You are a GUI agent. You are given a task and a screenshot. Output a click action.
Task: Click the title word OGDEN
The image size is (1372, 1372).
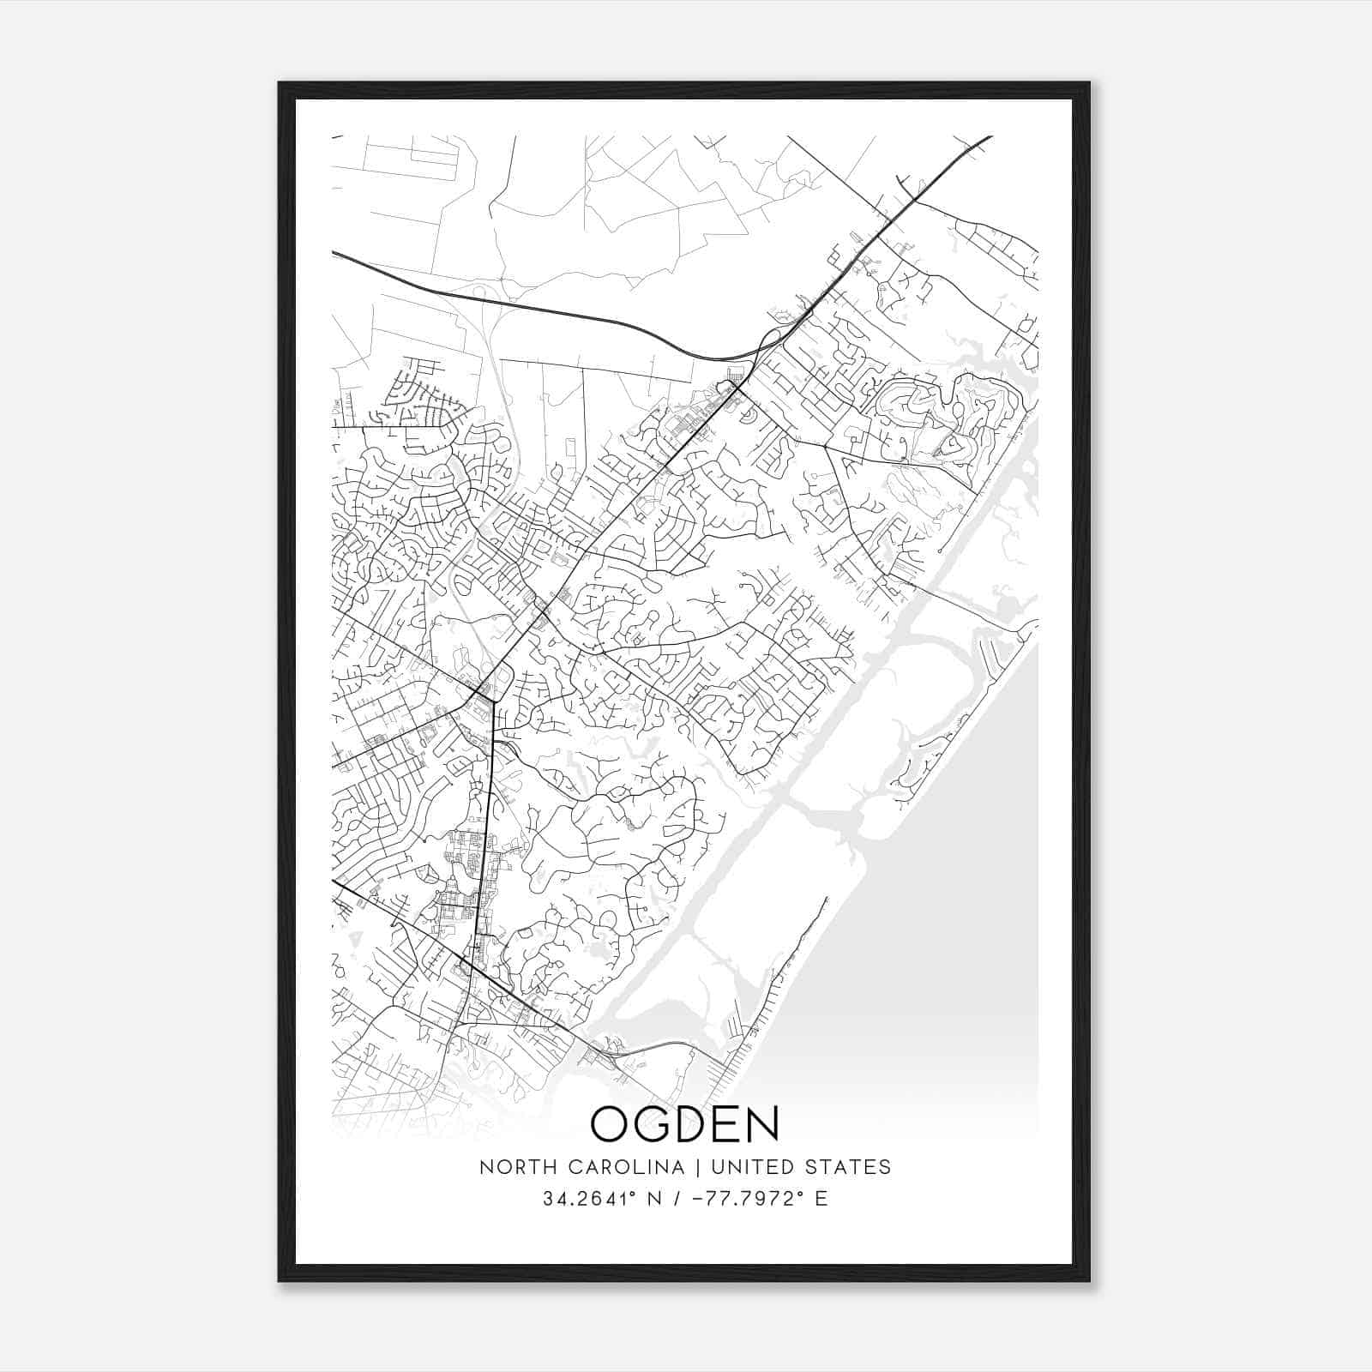pos(685,1123)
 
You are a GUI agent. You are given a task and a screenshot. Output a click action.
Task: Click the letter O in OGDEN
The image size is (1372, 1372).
pos(611,1123)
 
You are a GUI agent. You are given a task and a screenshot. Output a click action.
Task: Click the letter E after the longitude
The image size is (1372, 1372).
pos(822,1199)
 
